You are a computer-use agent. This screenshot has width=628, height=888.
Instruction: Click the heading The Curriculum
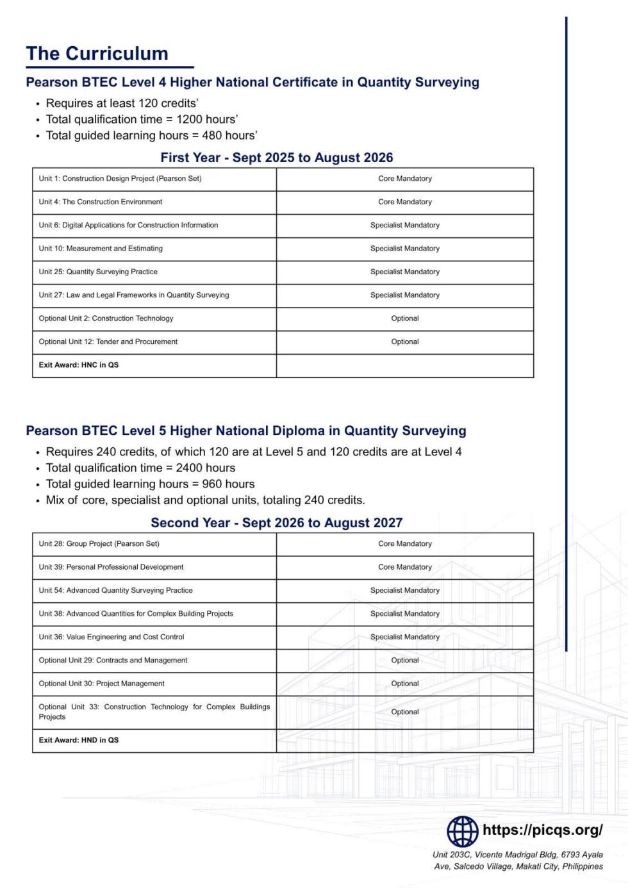[x=97, y=54]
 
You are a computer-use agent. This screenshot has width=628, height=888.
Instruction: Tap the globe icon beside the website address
[x=462, y=832]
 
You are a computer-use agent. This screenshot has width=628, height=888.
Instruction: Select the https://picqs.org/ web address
[x=542, y=830]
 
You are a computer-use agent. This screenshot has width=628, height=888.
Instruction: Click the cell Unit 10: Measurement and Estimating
[x=101, y=249]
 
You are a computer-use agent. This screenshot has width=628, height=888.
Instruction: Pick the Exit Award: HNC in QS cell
[x=79, y=365]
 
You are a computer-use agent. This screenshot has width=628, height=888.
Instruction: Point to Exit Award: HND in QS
[x=79, y=740]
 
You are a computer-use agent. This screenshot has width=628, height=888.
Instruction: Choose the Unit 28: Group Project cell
[x=99, y=544]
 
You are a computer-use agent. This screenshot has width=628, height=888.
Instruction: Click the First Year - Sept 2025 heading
[x=277, y=158]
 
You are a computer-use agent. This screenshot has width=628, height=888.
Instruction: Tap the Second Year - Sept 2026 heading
[x=277, y=523]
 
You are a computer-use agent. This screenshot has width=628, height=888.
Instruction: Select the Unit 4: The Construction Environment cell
[x=101, y=202]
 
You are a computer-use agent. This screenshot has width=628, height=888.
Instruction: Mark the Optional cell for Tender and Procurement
[x=405, y=342]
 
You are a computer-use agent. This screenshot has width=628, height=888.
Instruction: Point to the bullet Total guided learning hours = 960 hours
[x=150, y=484]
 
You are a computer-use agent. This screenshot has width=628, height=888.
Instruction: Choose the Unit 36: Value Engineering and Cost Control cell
[x=112, y=637]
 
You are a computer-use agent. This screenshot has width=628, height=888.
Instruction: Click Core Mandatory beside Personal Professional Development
[x=405, y=567]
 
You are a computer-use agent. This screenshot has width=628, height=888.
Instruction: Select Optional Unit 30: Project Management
[x=102, y=684]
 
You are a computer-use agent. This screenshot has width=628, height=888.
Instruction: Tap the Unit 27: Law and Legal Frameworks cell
[x=134, y=295]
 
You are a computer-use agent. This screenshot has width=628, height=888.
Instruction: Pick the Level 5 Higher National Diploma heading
[x=246, y=431]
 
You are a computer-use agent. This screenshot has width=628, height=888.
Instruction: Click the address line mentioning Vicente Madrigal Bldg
[x=517, y=855]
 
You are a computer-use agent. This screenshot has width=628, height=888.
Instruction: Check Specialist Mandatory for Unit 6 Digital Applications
[x=405, y=226]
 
